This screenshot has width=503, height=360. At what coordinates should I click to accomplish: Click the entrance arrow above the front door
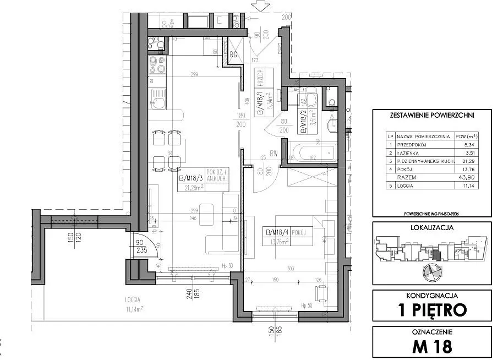tap(257, 7)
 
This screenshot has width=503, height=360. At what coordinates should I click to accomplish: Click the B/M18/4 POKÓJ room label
tap(287, 232)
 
